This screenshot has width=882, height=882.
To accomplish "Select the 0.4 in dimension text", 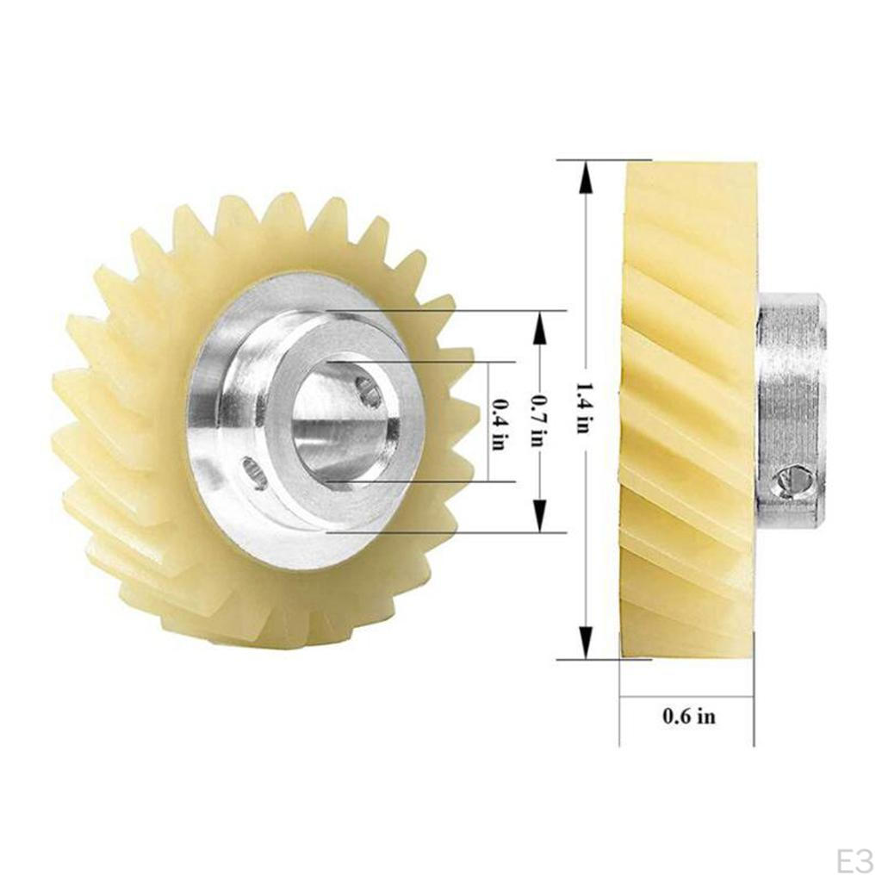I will point(498,423).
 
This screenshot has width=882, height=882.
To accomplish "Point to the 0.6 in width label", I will point(688,715).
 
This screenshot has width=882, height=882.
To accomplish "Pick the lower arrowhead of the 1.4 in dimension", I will point(586,642).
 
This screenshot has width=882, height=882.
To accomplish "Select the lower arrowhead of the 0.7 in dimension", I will point(540,517).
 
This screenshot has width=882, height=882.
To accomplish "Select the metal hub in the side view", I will point(791,409).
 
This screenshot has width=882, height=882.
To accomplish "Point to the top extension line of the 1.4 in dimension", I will point(603,159).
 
